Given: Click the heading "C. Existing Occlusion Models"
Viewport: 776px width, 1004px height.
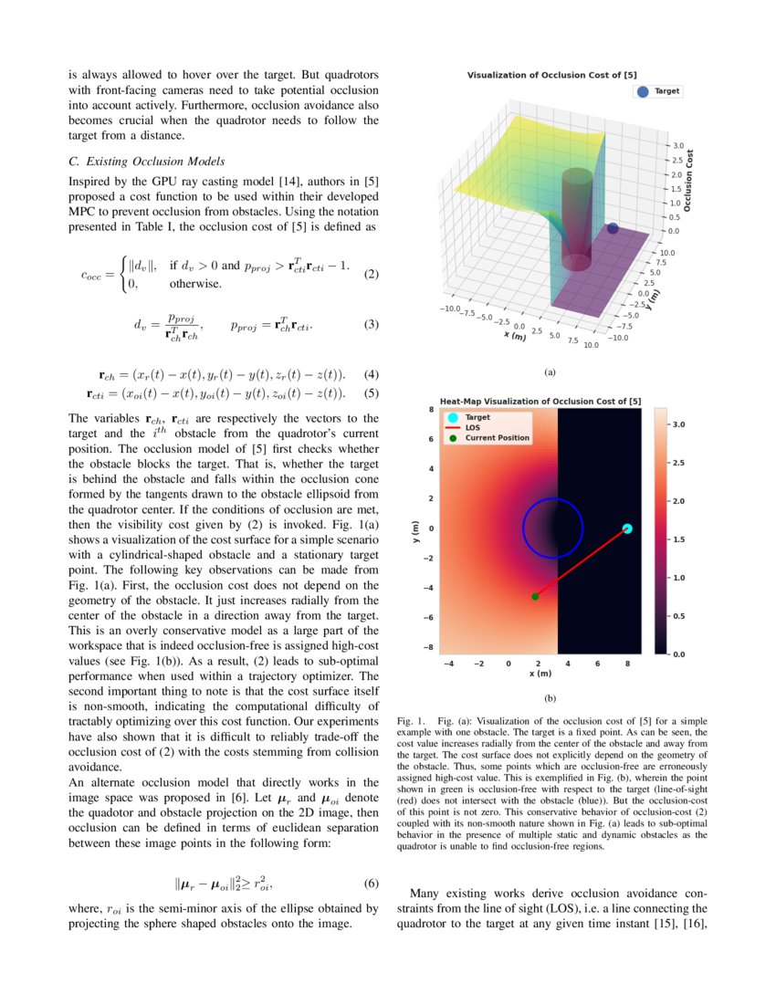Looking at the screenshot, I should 146,162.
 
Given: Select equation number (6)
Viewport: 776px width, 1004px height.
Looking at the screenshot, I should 371,884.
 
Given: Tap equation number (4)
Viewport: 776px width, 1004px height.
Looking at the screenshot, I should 371,374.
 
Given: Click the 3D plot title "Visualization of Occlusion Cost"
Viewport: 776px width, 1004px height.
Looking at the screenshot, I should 546,75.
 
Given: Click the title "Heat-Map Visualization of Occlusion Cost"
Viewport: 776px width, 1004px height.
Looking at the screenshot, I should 540,402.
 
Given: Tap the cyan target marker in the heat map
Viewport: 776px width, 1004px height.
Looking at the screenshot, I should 627,528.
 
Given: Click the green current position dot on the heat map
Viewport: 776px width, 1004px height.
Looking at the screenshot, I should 535,596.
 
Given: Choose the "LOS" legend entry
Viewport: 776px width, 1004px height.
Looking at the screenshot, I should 473,427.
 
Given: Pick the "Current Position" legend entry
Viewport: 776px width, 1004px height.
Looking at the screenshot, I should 497,438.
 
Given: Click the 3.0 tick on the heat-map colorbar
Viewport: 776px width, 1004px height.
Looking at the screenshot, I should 680,425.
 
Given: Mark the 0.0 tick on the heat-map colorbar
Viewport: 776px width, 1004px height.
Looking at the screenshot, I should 680,654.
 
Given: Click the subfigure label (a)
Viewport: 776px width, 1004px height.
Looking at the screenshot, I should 549,372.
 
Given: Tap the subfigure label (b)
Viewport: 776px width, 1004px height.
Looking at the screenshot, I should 549,699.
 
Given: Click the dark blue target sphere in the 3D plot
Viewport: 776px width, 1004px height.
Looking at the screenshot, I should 613,228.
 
